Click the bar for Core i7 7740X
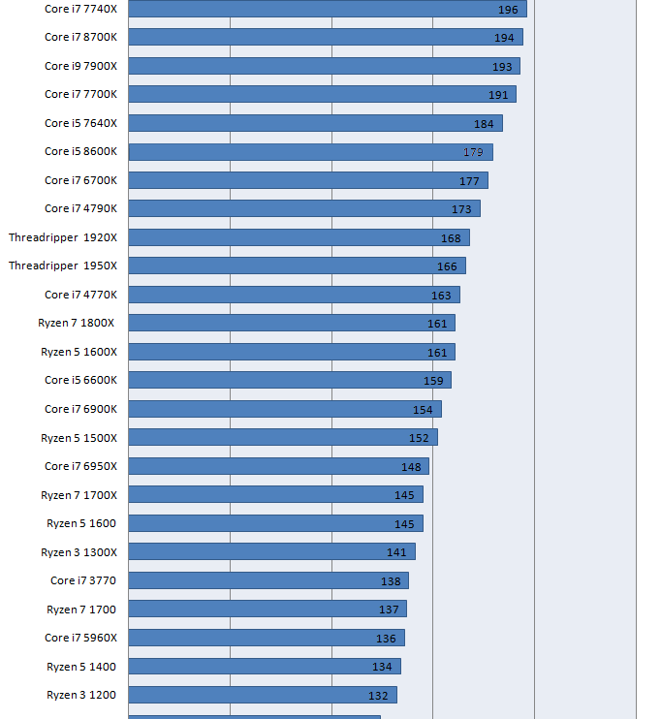[x=327, y=9]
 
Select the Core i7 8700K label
[x=80, y=37]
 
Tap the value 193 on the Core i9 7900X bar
[x=502, y=67]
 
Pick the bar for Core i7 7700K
[x=322, y=94]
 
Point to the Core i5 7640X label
[x=80, y=123]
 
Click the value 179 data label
[x=473, y=152]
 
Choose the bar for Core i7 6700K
[x=308, y=180]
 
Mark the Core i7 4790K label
[x=80, y=208]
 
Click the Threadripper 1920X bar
[x=299, y=237]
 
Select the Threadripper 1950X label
[x=63, y=266]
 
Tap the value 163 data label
[x=441, y=296]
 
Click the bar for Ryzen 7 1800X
[x=292, y=323]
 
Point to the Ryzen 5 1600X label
[x=79, y=352]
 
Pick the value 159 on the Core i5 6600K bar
[x=433, y=381]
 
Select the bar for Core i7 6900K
[x=285, y=409]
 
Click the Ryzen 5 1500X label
[x=79, y=438]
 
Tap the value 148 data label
[x=411, y=467]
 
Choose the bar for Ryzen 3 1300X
[x=271, y=551]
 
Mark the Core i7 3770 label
[x=83, y=580]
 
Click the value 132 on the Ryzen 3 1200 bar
[x=378, y=696]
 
